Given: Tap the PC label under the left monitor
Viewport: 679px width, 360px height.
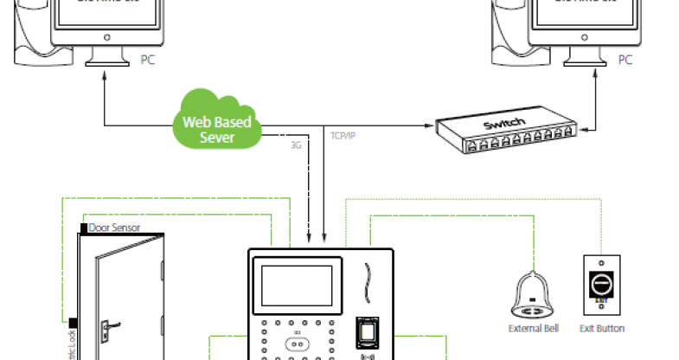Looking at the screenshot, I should click(149, 61).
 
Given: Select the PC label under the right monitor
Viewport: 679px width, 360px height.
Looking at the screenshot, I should click(625, 61).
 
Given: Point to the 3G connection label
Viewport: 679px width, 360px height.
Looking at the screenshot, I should click(296, 146).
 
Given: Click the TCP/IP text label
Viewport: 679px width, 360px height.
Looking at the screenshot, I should click(344, 136).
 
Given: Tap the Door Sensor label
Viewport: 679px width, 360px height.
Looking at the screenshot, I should click(114, 228).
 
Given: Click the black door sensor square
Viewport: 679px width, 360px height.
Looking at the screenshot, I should click(83, 228).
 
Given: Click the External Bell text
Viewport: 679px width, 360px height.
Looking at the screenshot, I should click(531, 328).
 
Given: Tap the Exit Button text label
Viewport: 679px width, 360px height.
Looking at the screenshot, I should click(600, 328).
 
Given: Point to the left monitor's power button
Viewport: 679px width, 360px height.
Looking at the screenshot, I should click(107, 37).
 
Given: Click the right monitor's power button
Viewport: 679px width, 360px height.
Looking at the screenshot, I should click(585, 37).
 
